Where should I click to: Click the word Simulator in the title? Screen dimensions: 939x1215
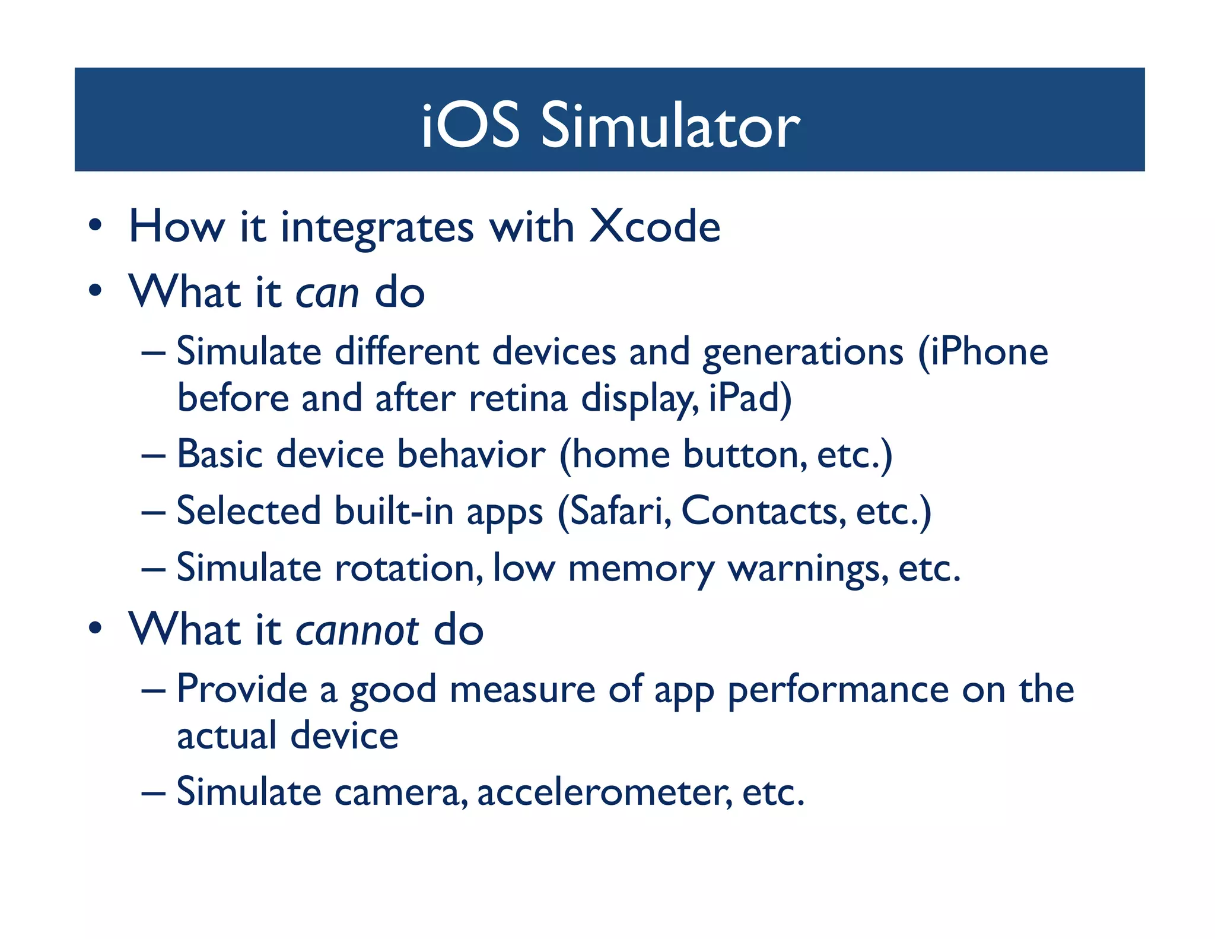tap(670, 125)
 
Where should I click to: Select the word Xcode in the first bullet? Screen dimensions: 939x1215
tap(655, 227)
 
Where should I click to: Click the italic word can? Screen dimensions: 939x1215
tap(327, 294)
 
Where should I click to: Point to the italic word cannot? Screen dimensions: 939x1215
tap(357, 631)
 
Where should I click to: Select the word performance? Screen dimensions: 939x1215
tap(838, 690)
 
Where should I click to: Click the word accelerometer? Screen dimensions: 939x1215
tap(604, 792)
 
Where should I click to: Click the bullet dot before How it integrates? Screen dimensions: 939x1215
tap(95, 227)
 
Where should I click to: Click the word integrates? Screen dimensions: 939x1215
tap(377, 228)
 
